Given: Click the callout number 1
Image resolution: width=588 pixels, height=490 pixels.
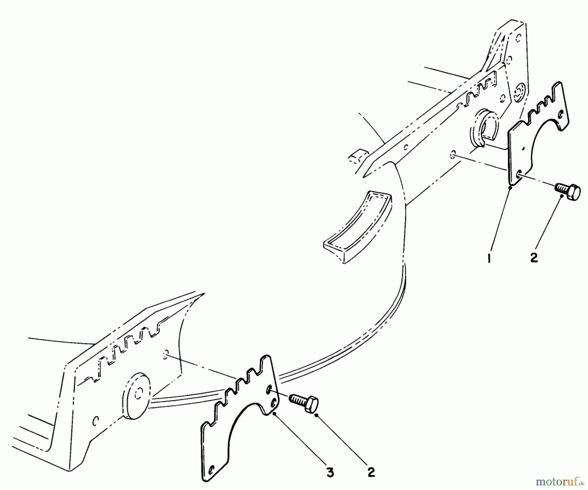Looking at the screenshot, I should click(x=489, y=259).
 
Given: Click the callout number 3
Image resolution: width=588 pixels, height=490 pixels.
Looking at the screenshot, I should click(x=330, y=472).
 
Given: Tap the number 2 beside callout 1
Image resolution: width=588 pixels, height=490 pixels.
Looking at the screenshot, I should click(x=534, y=258).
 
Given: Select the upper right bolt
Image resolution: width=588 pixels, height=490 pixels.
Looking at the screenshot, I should click(x=568, y=192).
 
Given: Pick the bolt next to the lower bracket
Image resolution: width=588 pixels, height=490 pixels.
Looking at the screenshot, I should click(x=304, y=403).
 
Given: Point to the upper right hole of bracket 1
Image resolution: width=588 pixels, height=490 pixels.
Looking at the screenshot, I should click(x=561, y=115).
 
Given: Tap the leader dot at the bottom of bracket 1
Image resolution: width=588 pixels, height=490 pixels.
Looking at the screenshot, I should click(x=510, y=187).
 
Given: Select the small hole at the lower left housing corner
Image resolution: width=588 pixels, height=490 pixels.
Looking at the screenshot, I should click(x=95, y=421).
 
